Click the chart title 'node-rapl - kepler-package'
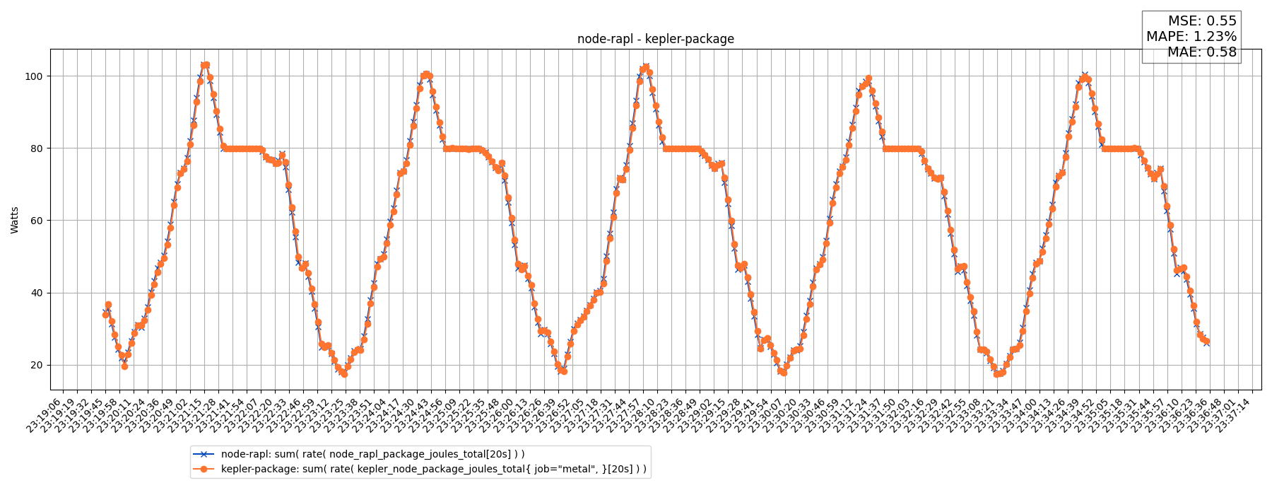coord(655,40)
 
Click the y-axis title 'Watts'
coord(15,220)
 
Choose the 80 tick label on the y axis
coord(36,148)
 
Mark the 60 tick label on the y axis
coord(36,221)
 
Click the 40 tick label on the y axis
coord(36,293)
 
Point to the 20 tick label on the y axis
coord(36,366)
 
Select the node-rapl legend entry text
coord(372,454)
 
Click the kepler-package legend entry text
coord(433,469)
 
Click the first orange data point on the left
coord(105,315)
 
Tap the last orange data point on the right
coord(1206,342)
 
